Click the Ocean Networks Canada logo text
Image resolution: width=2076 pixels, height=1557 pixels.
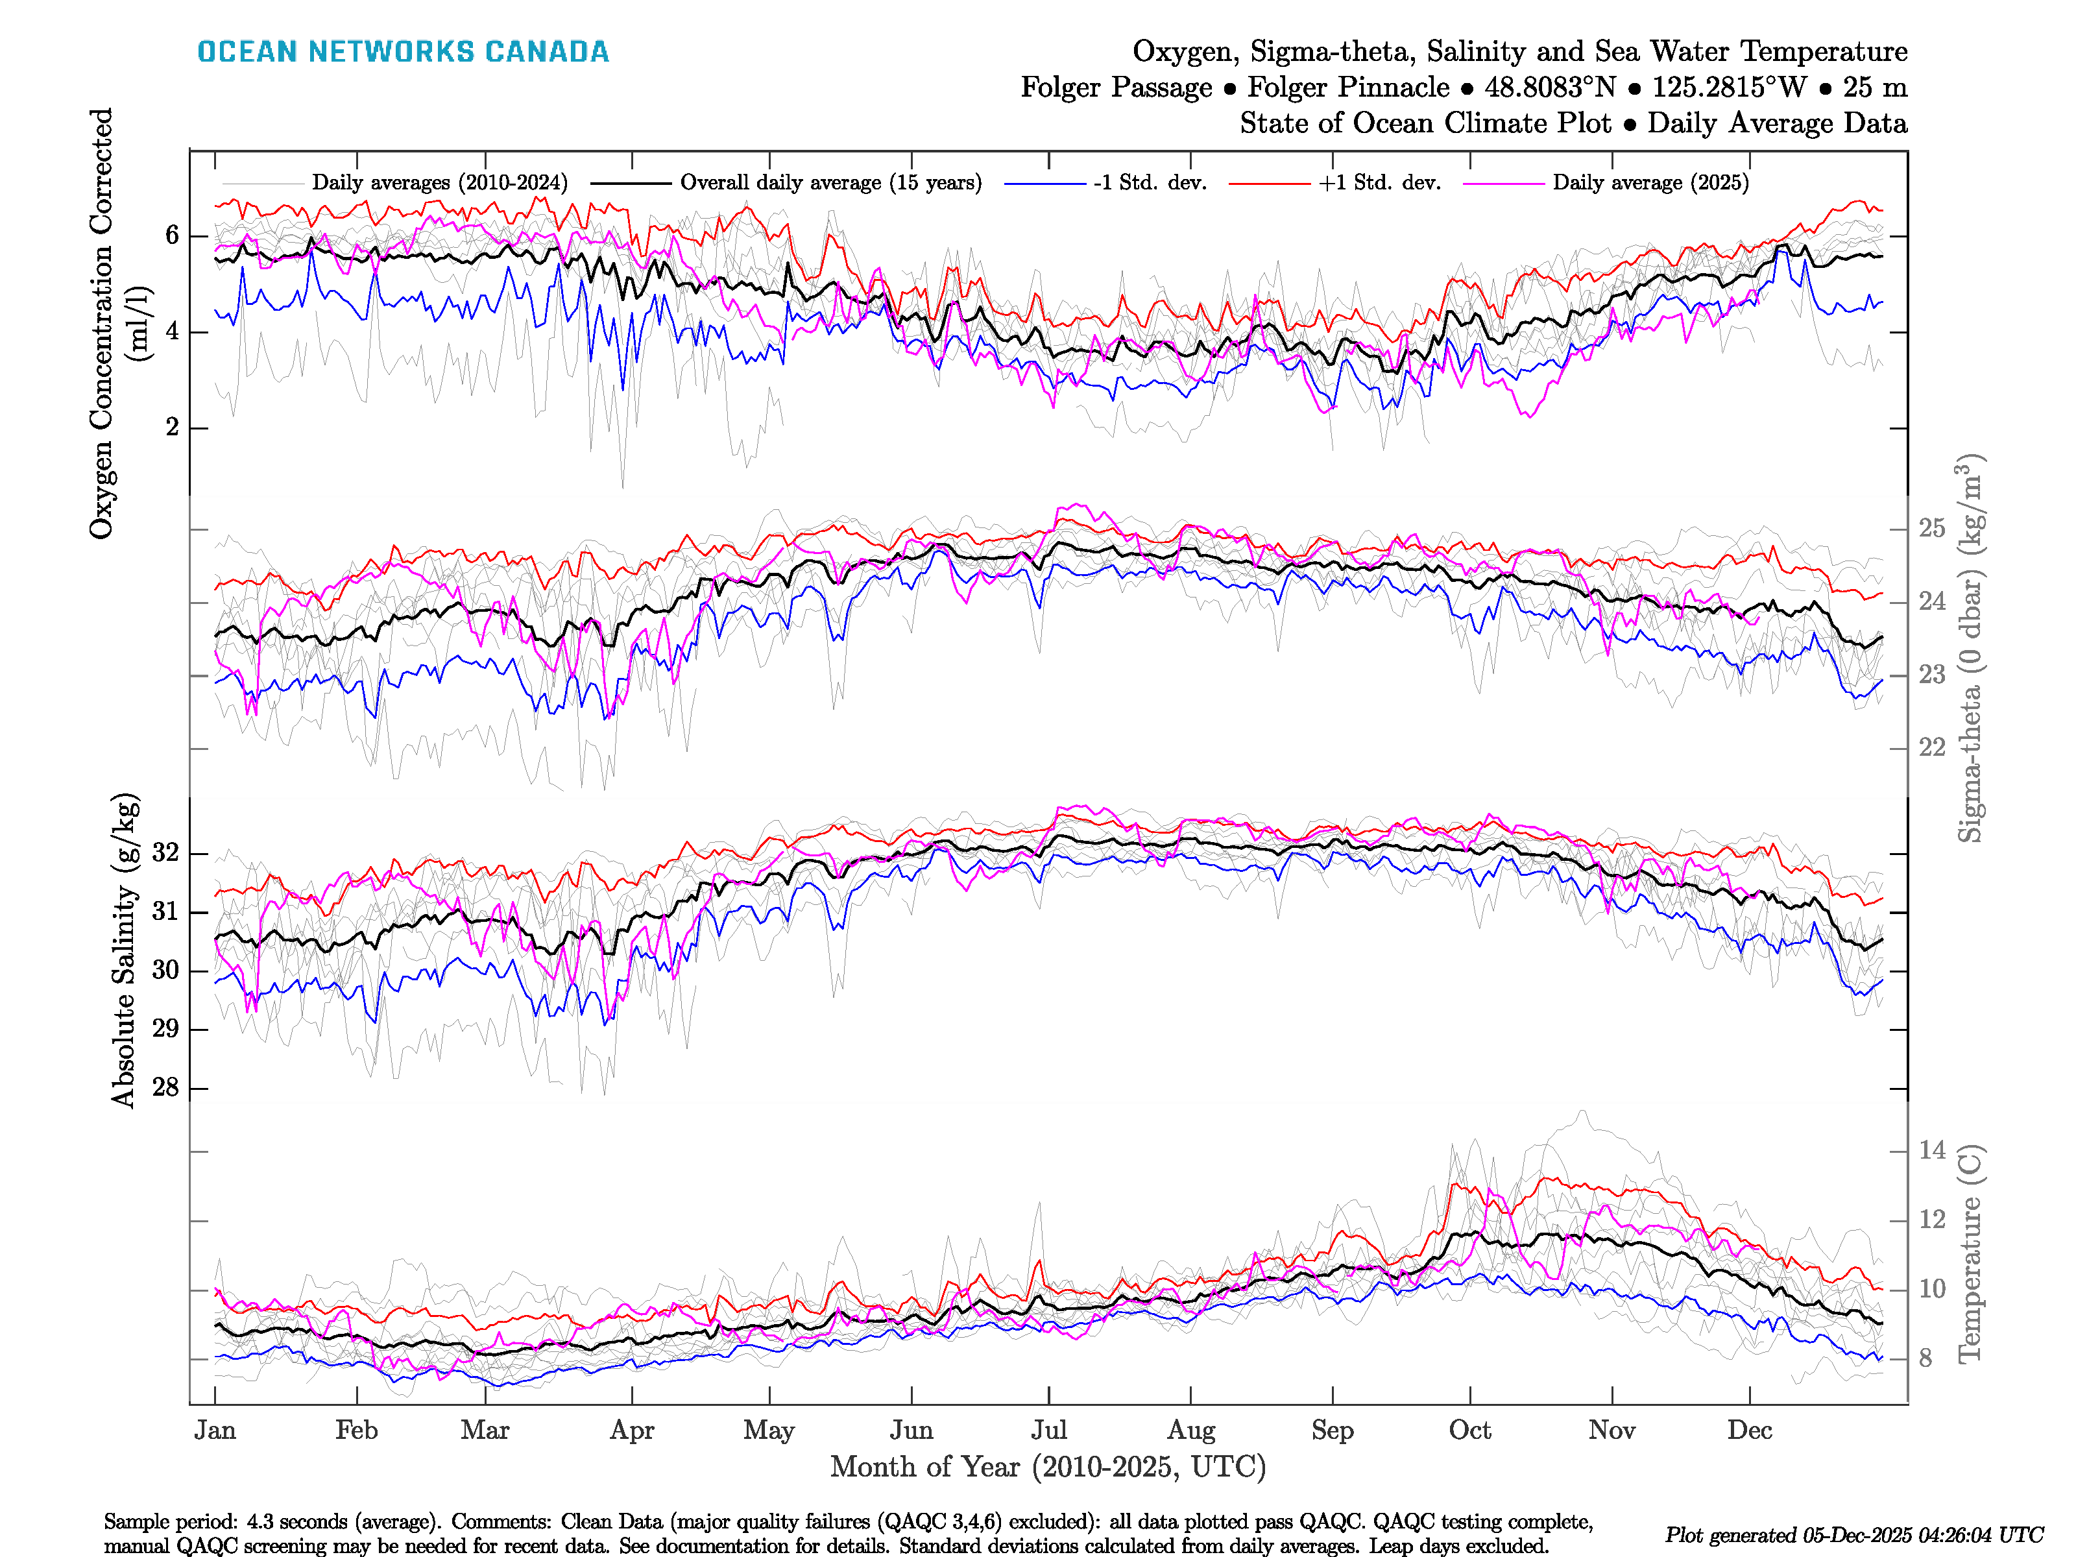click(x=403, y=52)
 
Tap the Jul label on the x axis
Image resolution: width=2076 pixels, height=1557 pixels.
click(x=1048, y=1430)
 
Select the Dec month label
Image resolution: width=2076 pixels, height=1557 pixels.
click(x=1750, y=1430)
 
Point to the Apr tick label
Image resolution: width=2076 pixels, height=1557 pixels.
click(x=632, y=1430)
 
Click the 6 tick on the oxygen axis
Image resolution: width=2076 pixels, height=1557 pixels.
click(x=172, y=235)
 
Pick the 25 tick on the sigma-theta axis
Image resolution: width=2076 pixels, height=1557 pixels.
click(x=1931, y=528)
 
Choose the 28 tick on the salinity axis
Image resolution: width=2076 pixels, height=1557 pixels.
click(x=165, y=1088)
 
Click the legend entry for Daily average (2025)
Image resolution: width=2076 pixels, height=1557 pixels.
click(x=1650, y=183)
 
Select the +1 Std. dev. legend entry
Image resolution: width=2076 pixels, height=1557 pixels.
click(x=1379, y=183)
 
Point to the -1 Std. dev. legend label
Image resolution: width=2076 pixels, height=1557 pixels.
click(x=1150, y=183)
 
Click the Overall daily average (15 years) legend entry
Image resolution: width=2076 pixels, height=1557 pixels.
click(x=830, y=183)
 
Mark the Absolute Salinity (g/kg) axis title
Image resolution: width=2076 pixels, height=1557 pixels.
click(x=124, y=950)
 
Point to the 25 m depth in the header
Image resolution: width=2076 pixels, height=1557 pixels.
click(x=1874, y=88)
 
